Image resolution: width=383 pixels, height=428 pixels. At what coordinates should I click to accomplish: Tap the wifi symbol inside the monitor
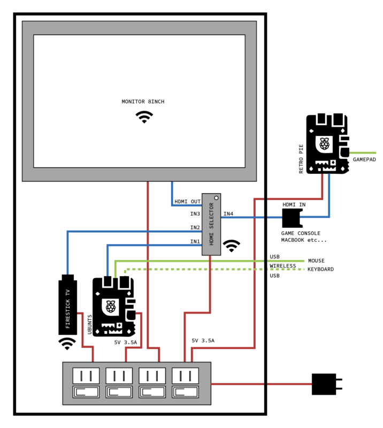143,117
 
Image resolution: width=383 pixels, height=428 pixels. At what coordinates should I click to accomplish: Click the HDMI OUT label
187,202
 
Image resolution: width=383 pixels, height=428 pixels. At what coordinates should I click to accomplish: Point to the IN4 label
228,214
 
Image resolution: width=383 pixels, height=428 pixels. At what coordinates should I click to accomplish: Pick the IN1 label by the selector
195,242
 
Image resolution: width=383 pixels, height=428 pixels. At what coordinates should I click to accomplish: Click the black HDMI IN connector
292,217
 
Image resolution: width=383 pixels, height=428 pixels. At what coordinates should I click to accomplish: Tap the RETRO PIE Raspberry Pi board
327,143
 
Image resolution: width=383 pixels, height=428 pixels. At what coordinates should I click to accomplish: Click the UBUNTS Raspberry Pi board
113,306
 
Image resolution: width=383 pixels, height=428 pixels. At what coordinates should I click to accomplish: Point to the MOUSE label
316,261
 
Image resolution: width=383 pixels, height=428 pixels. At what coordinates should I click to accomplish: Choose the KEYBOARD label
320,269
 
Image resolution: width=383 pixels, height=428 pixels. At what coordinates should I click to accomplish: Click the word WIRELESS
283,266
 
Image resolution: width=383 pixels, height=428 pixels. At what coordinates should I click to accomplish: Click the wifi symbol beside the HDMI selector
232,245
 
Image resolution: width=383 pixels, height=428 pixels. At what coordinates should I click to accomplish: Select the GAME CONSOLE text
301,233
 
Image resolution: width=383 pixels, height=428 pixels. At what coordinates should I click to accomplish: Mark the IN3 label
195,214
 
